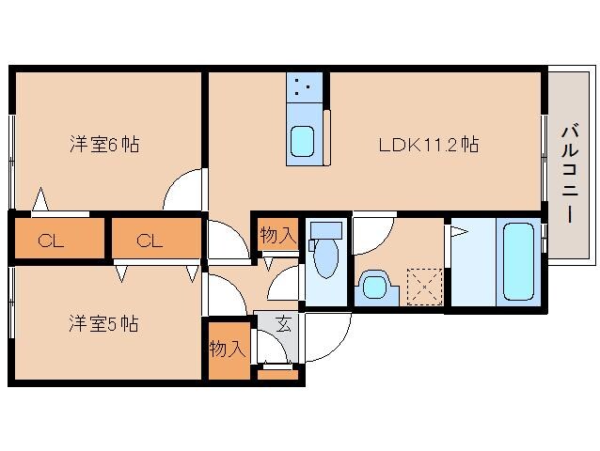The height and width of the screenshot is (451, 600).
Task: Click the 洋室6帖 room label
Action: pyautogui.click(x=104, y=145)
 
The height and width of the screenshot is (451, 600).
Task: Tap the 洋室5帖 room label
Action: pyautogui.click(x=103, y=324)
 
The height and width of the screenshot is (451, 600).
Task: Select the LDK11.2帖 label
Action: pyautogui.click(x=428, y=145)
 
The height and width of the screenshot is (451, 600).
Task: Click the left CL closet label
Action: pyautogui.click(x=51, y=241)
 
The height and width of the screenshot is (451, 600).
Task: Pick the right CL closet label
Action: pyautogui.click(x=150, y=241)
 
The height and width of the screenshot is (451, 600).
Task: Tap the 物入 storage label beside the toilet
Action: pyautogui.click(x=277, y=236)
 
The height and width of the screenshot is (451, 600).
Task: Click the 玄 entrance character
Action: pyautogui.click(x=284, y=326)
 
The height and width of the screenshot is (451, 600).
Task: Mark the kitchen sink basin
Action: pyautogui.click(x=302, y=141)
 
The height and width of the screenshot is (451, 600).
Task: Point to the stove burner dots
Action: pyautogui.click(x=302, y=90)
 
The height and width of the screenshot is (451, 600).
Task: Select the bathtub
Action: pyautogui.click(x=518, y=259)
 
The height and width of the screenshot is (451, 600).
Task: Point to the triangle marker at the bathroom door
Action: pyautogui.click(x=459, y=230)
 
